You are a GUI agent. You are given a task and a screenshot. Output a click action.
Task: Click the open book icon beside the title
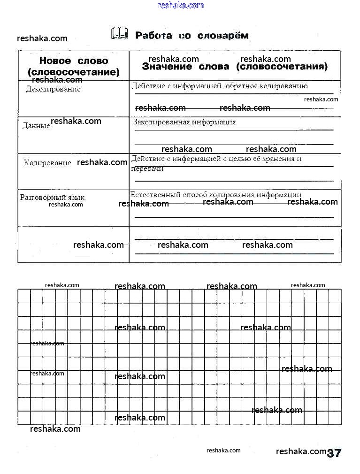(x=119, y=33)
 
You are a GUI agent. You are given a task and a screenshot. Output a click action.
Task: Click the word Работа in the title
(x=153, y=36)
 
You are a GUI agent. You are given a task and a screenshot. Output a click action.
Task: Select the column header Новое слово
(x=74, y=61)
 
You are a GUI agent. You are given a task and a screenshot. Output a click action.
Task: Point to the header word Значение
(x=167, y=67)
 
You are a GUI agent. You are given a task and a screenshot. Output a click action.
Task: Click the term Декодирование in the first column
(x=53, y=89)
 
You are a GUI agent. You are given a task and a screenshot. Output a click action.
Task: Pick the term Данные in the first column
(x=36, y=126)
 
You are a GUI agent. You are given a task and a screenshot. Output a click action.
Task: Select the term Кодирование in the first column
(x=47, y=163)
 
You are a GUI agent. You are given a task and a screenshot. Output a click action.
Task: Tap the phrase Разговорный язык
(x=52, y=198)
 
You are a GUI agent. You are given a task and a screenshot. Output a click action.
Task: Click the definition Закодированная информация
(x=184, y=122)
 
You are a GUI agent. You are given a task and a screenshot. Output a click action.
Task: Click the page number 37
(x=334, y=453)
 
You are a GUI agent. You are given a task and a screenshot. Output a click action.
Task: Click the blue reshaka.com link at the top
(x=181, y=5)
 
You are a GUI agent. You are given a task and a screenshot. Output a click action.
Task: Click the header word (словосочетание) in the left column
(x=74, y=73)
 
